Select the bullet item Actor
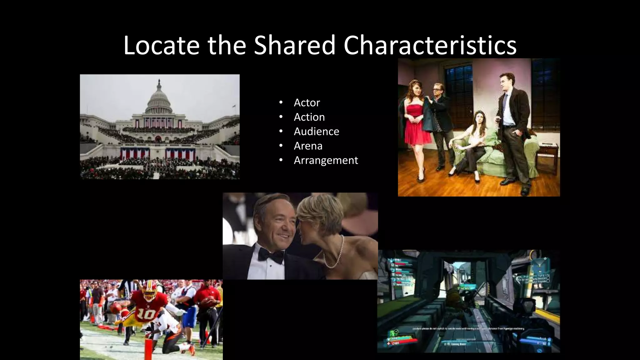pyautogui.click(x=307, y=102)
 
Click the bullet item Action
pyautogui.click(x=309, y=117)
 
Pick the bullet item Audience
pyautogui.click(x=316, y=131)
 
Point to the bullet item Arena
pyautogui.click(x=308, y=146)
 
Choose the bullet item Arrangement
pyautogui.click(x=326, y=160)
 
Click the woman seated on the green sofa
pyautogui.click(x=475, y=137)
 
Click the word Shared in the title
pyautogui.click(x=294, y=46)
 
